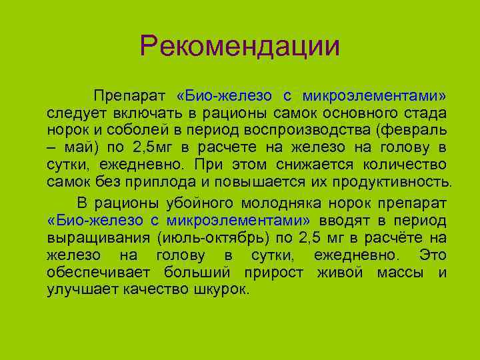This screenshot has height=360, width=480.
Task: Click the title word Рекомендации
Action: tap(240, 46)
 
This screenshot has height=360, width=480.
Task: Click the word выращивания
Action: tap(97, 238)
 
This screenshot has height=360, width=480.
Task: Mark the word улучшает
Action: tap(81, 290)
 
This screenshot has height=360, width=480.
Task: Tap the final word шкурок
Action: tap(217, 290)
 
